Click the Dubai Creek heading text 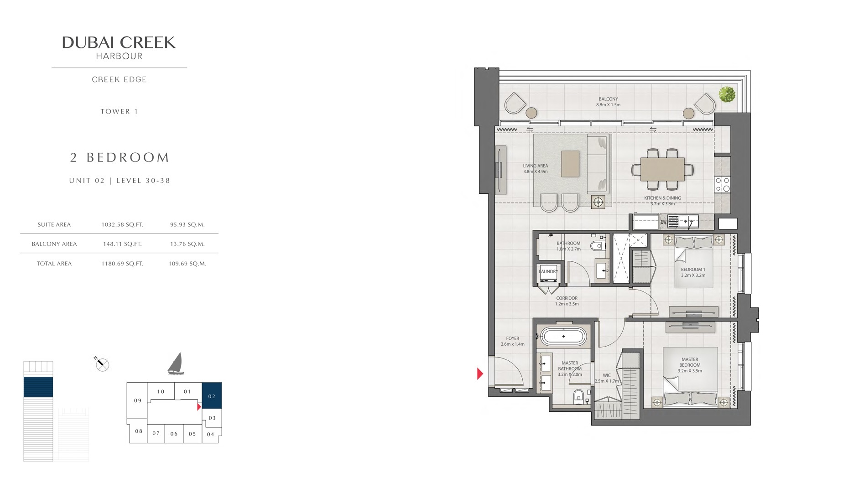click(119, 43)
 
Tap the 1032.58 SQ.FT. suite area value click(122, 224)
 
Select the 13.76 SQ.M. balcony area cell click(187, 244)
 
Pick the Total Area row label click(54, 264)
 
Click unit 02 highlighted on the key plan click(212, 396)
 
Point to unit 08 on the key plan click(139, 431)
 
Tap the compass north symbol click(103, 364)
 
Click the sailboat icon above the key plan click(176, 364)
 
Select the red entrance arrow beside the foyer click(480, 374)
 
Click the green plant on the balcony click(727, 94)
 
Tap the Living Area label click(535, 169)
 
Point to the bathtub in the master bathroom click(563, 337)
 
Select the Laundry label click(548, 271)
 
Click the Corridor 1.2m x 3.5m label click(567, 301)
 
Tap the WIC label click(606, 376)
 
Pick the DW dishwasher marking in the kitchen click(663, 223)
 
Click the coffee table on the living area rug click(570, 164)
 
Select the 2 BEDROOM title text click(120, 158)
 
